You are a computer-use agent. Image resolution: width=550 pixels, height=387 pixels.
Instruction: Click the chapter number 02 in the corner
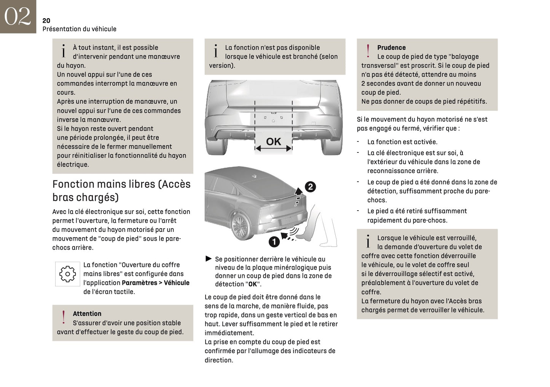[x=18, y=16]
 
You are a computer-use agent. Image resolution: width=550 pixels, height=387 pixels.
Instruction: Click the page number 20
[x=46, y=21]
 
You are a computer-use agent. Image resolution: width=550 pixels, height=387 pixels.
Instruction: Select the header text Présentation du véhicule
[x=79, y=29]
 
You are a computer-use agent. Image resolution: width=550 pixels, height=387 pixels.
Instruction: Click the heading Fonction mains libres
[x=121, y=190]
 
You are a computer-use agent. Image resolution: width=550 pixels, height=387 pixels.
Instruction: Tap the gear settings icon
[x=67, y=274]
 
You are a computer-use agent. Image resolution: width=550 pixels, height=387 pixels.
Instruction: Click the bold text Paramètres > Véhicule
[x=155, y=283]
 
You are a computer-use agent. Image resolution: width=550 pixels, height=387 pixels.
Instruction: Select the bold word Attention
[x=87, y=314]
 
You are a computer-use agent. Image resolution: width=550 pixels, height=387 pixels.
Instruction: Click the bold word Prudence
[x=391, y=48]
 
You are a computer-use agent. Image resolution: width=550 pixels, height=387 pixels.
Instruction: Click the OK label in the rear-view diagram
[x=273, y=141]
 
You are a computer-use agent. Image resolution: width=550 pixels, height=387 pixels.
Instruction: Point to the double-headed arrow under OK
[x=273, y=149]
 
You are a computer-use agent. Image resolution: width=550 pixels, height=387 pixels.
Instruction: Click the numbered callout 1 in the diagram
[x=274, y=241]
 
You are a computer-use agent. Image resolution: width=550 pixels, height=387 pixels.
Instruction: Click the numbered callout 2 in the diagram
[x=310, y=187]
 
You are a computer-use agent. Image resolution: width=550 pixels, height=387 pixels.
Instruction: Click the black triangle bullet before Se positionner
[x=208, y=259]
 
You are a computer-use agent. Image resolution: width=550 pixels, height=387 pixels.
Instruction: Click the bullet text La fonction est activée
[x=402, y=142]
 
